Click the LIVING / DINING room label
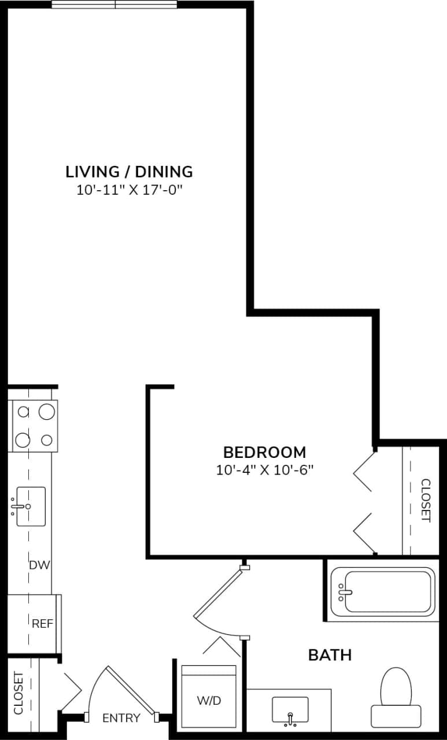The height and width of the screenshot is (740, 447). coord(129,172)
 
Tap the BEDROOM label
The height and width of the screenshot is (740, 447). coord(264,452)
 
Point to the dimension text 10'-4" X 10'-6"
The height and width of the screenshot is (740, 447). coord(264,469)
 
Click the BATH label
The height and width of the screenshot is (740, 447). coord(330,655)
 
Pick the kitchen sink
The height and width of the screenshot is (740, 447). coord(31,506)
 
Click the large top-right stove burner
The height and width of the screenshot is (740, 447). coord(47,412)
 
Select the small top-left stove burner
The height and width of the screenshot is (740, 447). coord(23,412)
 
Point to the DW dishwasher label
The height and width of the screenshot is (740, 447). coord(36,565)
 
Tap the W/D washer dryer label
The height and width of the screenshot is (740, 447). coord(209,701)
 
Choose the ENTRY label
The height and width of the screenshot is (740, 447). coord(121,718)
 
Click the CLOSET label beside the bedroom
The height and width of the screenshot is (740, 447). coord(425,500)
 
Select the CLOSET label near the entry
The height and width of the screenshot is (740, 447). coord(19,693)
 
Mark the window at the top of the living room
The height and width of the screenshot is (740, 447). coord(114,5)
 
